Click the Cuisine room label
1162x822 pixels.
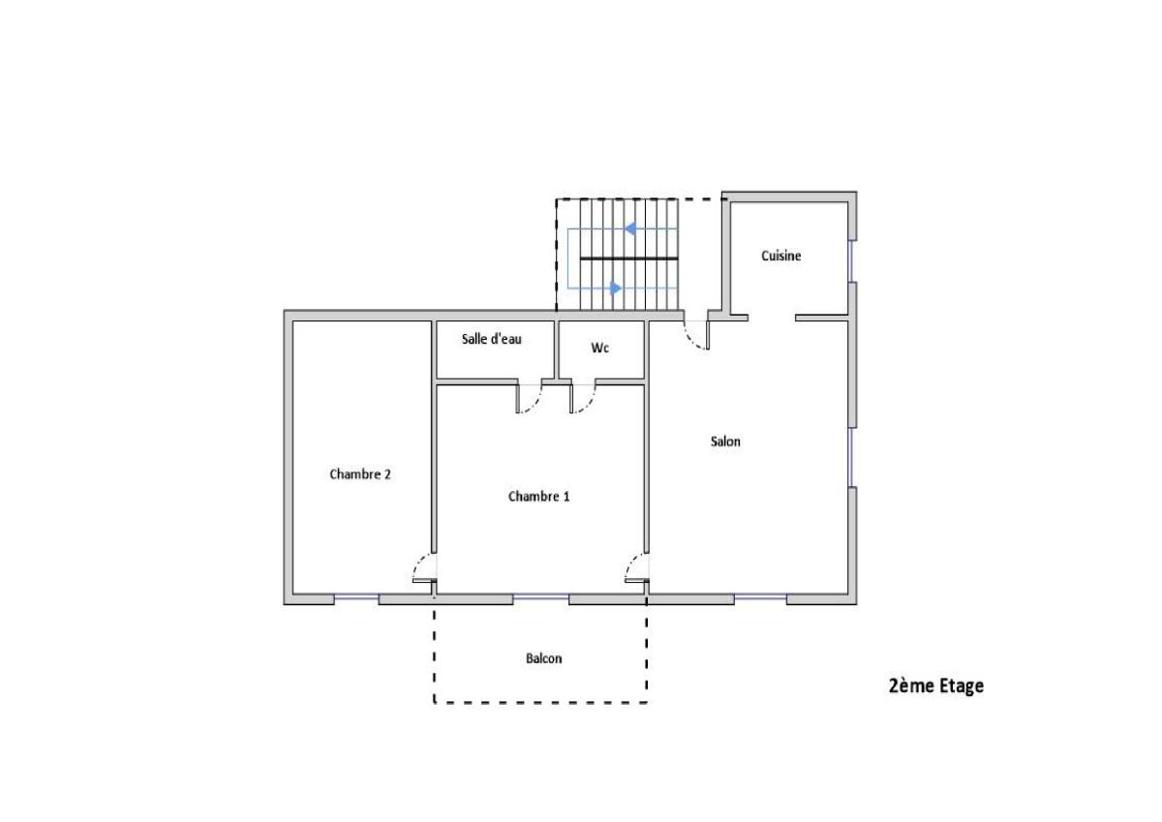pyautogui.click(x=780, y=256)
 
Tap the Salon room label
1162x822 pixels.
pyautogui.click(x=725, y=441)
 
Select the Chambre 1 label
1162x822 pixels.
pyautogui.click(x=539, y=497)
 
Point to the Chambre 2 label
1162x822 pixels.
pyautogui.click(x=360, y=474)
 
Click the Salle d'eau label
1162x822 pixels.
pyautogui.click(x=492, y=339)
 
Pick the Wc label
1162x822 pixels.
pyautogui.click(x=599, y=348)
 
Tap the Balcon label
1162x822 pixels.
pyautogui.click(x=543, y=658)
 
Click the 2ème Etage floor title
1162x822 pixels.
pyautogui.click(x=936, y=685)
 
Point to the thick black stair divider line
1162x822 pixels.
pyautogui.click(x=628, y=259)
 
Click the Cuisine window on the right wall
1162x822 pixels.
pyautogui.click(x=851, y=261)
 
